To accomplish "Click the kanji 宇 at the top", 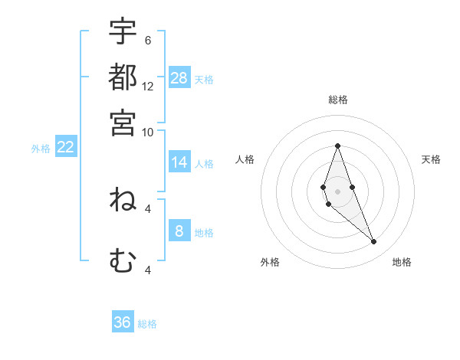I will pyautogui.click(x=123, y=32).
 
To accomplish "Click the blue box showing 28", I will pyautogui.click(x=179, y=78).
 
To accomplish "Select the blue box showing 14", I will pyautogui.click(x=179, y=162).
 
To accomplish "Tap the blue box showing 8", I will pyautogui.click(x=179, y=231).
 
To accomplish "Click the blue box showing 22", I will pyautogui.click(x=65, y=148).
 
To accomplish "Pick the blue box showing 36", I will pyautogui.click(x=123, y=322).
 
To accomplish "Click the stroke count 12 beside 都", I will pyautogui.click(x=148, y=87).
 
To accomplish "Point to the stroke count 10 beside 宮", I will pyautogui.click(x=148, y=132).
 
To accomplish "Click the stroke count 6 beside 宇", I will pyautogui.click(x=147, y=41).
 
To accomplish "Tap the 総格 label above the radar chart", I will pyautogui.click(x=338, y=100).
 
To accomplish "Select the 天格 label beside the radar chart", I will pyautogui.click(x=431, y=159).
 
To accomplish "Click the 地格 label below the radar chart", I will pyautogui.click(x=402, y=263).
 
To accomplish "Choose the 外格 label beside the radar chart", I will pyautogui.click(x=270, y=263).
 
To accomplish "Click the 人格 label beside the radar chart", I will pyautogui.click(x=245, y=159).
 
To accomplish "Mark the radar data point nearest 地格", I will pyautogui.click(x=374, y=242).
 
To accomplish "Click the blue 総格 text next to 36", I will pyautogui.click(x=147, y=324).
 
